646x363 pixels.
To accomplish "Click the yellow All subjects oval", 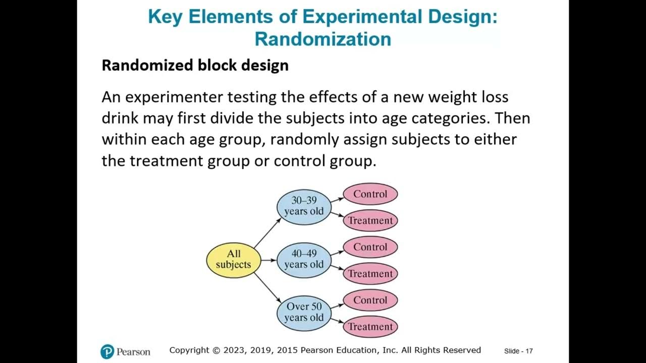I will click(233, 260).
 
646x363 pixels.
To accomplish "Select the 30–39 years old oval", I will click(304, 206).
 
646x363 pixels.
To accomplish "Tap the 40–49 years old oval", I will click(304, 259).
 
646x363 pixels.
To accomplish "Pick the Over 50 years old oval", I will click(304, 313).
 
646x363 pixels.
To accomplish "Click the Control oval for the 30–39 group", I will click(370, 194).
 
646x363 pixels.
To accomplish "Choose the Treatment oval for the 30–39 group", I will click(370, 220).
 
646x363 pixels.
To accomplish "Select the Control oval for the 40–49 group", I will click(370, 247).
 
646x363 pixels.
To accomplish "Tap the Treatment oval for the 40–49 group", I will click(370, 274).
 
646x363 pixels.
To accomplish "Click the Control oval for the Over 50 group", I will click(370, 300).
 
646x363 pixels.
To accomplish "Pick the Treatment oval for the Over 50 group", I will click(370, 327).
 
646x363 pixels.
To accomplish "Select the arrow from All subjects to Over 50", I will click(267, 287).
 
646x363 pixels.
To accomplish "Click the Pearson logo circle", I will click(107, 351).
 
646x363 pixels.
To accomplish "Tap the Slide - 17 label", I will click(518, 351).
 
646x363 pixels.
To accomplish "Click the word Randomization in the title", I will click(323, 39).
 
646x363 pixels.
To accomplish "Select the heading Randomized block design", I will click(195, 65).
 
